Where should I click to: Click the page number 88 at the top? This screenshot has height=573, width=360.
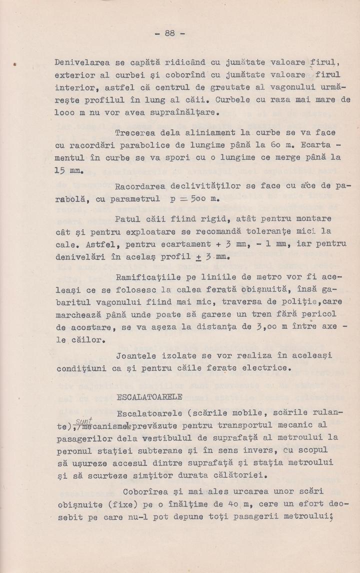pyautogui.click(x=169, y=33)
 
